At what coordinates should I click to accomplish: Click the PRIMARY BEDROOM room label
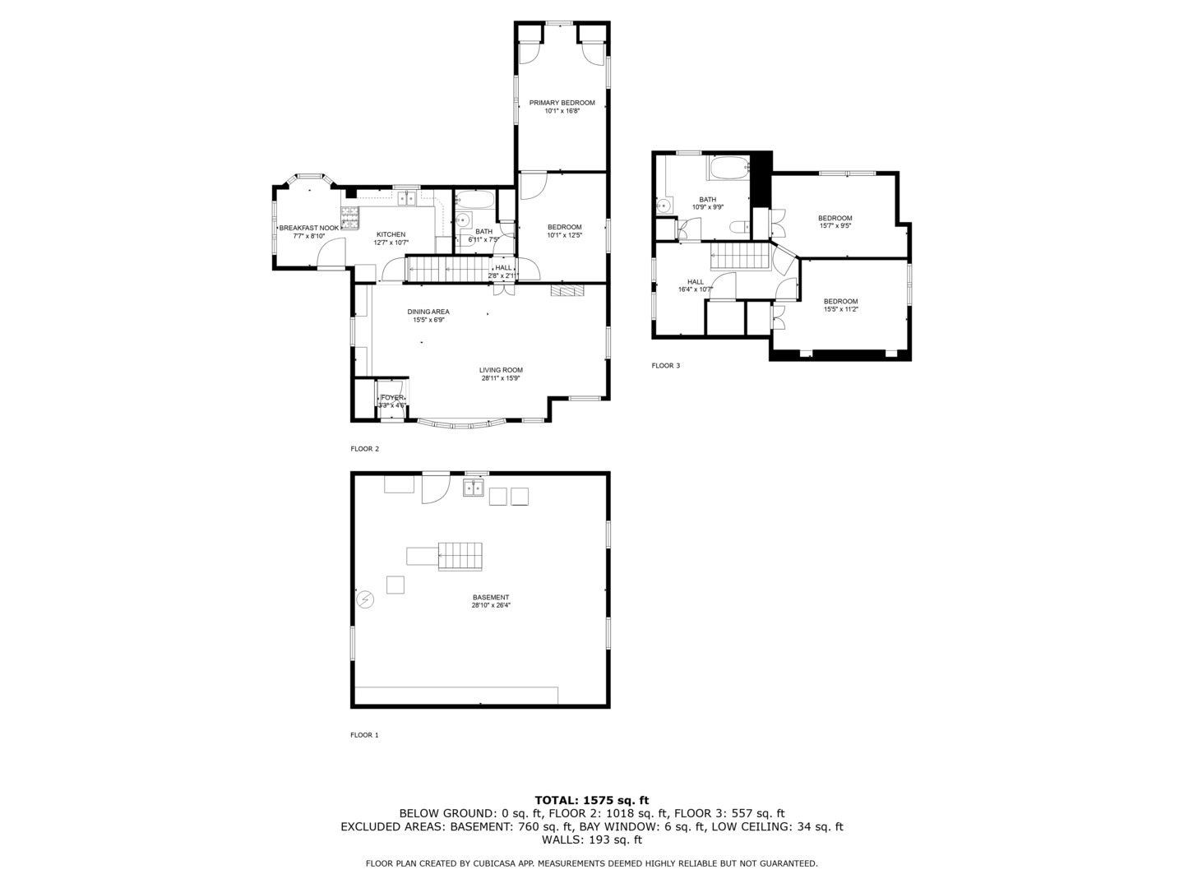tap(562, 103)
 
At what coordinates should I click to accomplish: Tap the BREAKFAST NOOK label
tap(308, 228)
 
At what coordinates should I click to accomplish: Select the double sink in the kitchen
tap(405, 198)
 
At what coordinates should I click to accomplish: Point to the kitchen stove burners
tap(351, 218)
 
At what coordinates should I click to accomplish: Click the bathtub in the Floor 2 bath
tap(474, 200)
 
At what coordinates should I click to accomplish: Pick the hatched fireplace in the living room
tap(567, 290)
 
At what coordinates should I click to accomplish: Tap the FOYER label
tap(392, 397)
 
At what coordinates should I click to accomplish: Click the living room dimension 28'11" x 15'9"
tap(501, 378)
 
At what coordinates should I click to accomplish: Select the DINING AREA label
tap(428, 312)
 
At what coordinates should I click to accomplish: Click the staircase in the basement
tap(460, 557)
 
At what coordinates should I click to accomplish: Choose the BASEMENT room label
tap(490, 598)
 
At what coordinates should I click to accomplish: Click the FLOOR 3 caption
tap(665, 365)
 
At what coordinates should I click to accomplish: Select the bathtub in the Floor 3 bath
tap(729, 169)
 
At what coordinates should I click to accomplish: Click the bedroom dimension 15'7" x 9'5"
tap(835, 225)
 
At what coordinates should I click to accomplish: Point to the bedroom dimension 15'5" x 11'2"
tap(840, 309)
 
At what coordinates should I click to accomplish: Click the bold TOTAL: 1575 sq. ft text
tap(591, 799)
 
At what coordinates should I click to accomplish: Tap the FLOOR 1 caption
tap(364, 735)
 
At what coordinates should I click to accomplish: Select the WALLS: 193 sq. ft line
tap(591, 840)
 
